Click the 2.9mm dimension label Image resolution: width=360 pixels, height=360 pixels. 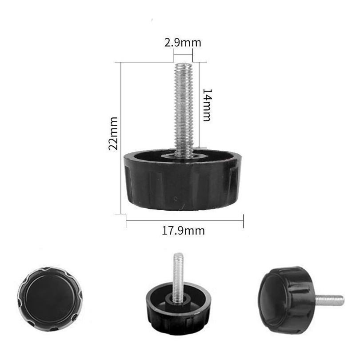(183, 43)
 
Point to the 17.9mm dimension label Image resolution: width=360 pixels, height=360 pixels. (183, 231)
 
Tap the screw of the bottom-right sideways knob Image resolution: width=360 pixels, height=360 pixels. (330, 300)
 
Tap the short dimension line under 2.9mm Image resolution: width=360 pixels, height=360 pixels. (183, 55)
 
